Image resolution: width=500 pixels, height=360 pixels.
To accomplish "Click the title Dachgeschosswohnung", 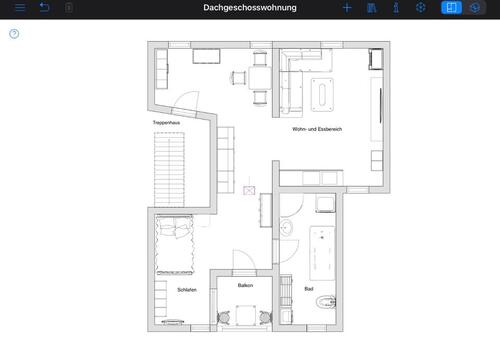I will click(249, 7).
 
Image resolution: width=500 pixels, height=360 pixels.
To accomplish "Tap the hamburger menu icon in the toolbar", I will click(19, 7).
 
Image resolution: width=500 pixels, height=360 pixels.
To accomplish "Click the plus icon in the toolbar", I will click(347, 7).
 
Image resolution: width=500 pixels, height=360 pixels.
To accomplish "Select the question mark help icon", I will click(14, 33).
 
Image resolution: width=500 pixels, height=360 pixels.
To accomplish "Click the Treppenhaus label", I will click(166, 122).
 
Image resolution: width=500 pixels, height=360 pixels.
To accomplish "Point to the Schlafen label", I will click(186, 289).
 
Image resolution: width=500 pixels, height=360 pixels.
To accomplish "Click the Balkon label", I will click(245, 285).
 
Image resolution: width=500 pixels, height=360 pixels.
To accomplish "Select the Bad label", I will click(309, 288).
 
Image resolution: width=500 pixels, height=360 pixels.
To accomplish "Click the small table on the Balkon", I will click(245, 315).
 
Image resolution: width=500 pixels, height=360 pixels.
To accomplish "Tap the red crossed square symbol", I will click(248, 187).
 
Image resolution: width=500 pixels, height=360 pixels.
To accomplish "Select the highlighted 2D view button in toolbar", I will click(452, 7).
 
